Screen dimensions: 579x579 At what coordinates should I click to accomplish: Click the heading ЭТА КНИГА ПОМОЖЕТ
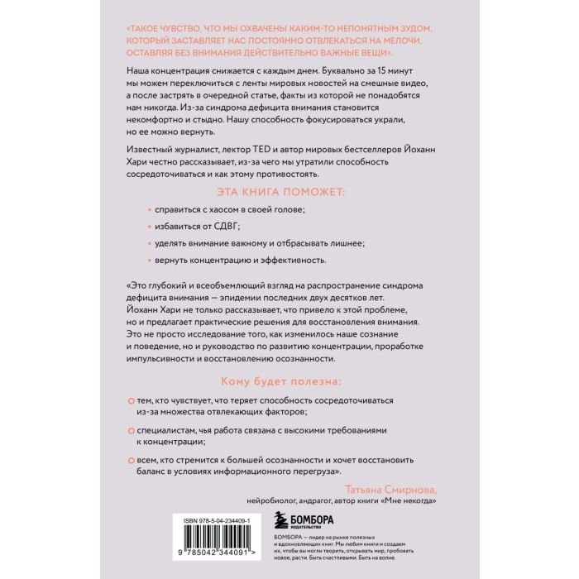pyautogui.click(x=289, y=189)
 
